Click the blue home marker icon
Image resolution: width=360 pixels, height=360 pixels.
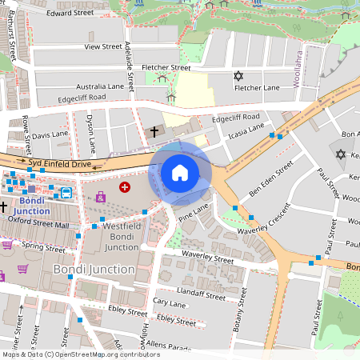point(180,172)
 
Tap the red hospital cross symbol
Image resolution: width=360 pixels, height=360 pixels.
point(125,186)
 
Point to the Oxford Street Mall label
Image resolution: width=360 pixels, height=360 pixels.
point(39,226)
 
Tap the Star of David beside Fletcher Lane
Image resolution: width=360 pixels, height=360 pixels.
point(237,76)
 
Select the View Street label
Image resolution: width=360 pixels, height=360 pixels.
point(102,47)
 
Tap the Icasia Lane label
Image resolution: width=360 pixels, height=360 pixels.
point(245,132)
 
